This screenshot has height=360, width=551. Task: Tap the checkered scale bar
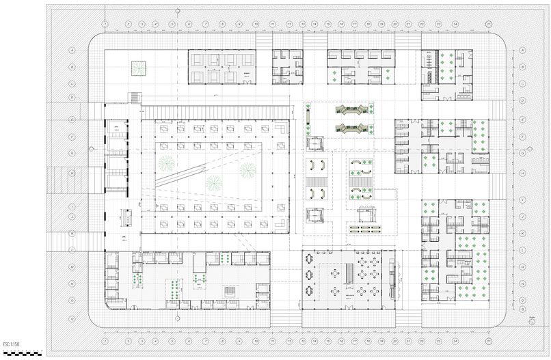(x=23, y=353)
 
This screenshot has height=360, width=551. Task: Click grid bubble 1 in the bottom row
(x=105, y=340)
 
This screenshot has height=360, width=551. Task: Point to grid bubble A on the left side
(x=72, y=51)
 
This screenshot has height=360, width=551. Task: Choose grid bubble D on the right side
(x=522, y=100)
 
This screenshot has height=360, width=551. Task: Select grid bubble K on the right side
(x=522, y=233)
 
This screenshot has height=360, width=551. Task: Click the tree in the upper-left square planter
(x=139, y=68)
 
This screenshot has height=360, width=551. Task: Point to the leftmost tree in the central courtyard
(x=166, y=163)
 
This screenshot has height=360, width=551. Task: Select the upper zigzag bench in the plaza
(x=353, y=109)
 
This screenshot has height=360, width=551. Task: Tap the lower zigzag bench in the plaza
(x=353, y=127)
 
